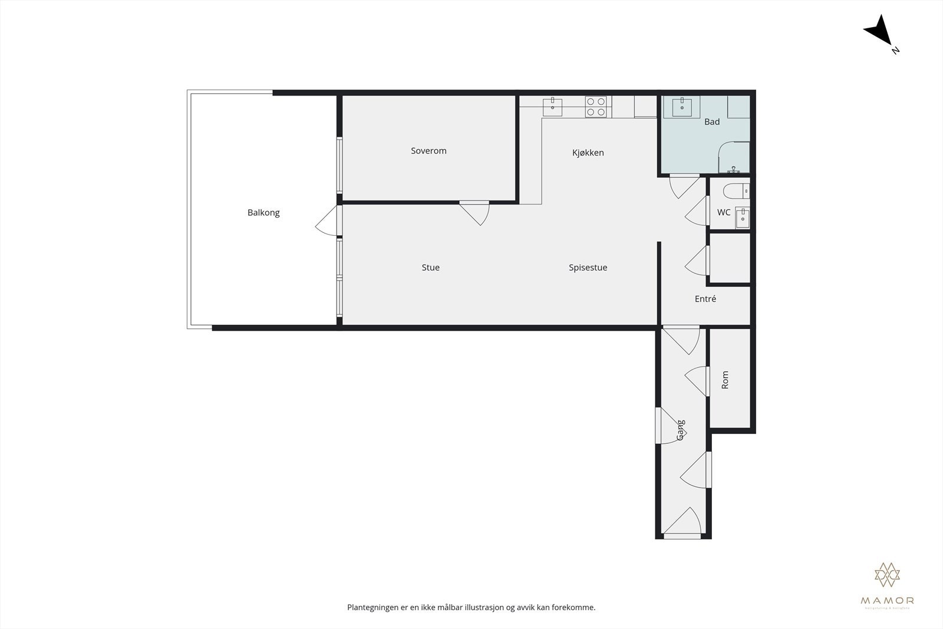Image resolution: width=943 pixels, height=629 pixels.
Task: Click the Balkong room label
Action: (263, 213)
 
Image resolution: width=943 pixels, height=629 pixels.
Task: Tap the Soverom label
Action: (428, 151)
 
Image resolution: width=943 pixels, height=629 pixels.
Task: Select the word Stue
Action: (430, 268)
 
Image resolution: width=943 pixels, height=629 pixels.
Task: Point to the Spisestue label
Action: (588, 268)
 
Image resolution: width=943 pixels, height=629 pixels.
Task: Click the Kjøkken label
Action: (588, 153)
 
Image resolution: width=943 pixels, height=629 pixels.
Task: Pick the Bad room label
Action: (711, 122)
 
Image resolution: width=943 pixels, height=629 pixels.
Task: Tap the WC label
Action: (723, 212)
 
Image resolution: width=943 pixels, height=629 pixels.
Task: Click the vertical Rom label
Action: (725, 380)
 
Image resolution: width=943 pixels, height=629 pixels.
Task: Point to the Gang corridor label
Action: (681, 430)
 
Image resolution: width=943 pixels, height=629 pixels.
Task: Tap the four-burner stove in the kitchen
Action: (595, 107)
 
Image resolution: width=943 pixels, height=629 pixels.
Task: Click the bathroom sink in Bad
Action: (682, 107)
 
